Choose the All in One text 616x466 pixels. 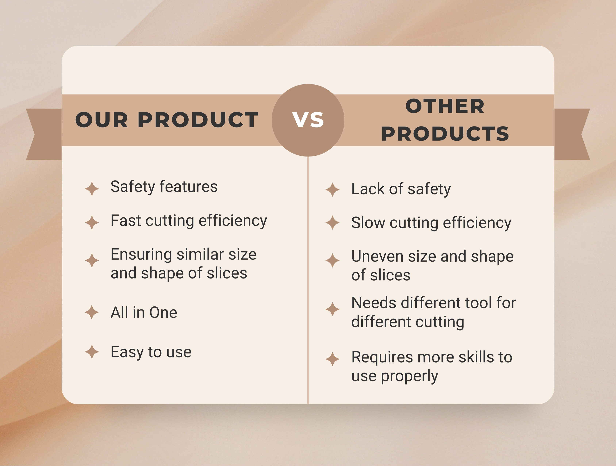coord(144,312)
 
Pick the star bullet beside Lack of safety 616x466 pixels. coord(333,190)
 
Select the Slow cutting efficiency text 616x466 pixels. coord(431,223)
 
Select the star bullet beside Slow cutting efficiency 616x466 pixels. coord(333,223)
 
